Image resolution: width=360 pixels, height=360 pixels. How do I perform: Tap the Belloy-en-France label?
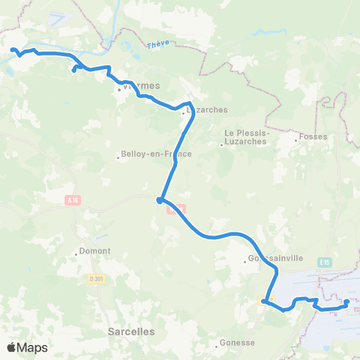coord(157,154)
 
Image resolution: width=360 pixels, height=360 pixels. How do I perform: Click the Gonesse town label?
coord(238,343)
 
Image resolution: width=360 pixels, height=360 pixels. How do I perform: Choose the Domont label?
coord(94,250)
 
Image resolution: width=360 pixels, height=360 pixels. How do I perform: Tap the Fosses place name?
coord(310,136)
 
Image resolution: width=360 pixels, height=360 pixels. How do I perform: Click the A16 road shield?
coord(72,199)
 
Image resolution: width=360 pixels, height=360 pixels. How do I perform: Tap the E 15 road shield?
coord(324,262)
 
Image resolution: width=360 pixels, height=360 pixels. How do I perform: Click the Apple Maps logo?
coord(27,347)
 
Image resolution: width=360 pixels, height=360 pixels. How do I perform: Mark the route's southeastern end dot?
coord(346,303)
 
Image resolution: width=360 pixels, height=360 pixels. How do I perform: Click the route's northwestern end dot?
coord(13,50)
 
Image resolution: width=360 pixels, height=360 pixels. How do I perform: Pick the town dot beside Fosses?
coord(295,137)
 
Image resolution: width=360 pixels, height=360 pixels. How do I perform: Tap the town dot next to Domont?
coord(76,254)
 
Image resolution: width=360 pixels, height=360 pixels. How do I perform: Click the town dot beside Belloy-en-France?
coord(118,157)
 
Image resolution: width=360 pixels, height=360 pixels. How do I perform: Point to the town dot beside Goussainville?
coord(246,262)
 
